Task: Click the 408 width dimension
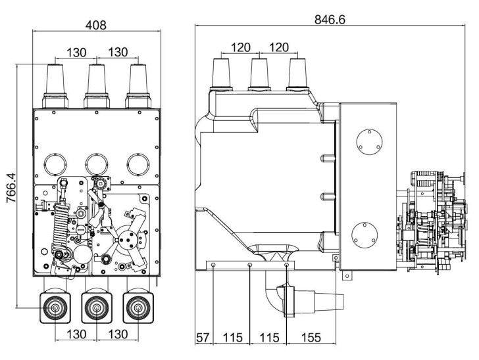pyautogui.click(x=96, y=25)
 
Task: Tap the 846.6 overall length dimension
pyautogui.click(x=330, y=20)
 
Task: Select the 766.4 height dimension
pyautogui.click(x=11, y=187)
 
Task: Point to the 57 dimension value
pyautogui.click(x=203, y=338)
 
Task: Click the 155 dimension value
pyautogui.click(x=311, y=338)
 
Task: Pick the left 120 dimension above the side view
pyautogui.click(x=240, y=47)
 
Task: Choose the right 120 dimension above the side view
pyautogui.click(x=278, y=47)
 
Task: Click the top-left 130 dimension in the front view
pyautogui.click(x=76, y=52)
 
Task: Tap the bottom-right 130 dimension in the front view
pyautogui.click(x=118, y=334)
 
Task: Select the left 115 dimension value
pyautogui.click(x=233, y=338)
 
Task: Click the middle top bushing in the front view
pyautogui.click(x=97, y=86)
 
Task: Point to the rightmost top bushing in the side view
pyautogui.click(x=297, y=74)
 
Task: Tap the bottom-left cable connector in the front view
pyautogui.click(x=55, y=308)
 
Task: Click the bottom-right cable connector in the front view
pyautogui.click(x=138, y=308)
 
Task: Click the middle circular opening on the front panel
pyautogui.click(x=97, y=164)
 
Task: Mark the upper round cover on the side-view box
pyautogui.click(x=369, y=141)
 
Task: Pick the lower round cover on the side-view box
pyautogui.click(x=365, y=235)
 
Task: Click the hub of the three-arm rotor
pyautogui.click(x=128, y=239)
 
